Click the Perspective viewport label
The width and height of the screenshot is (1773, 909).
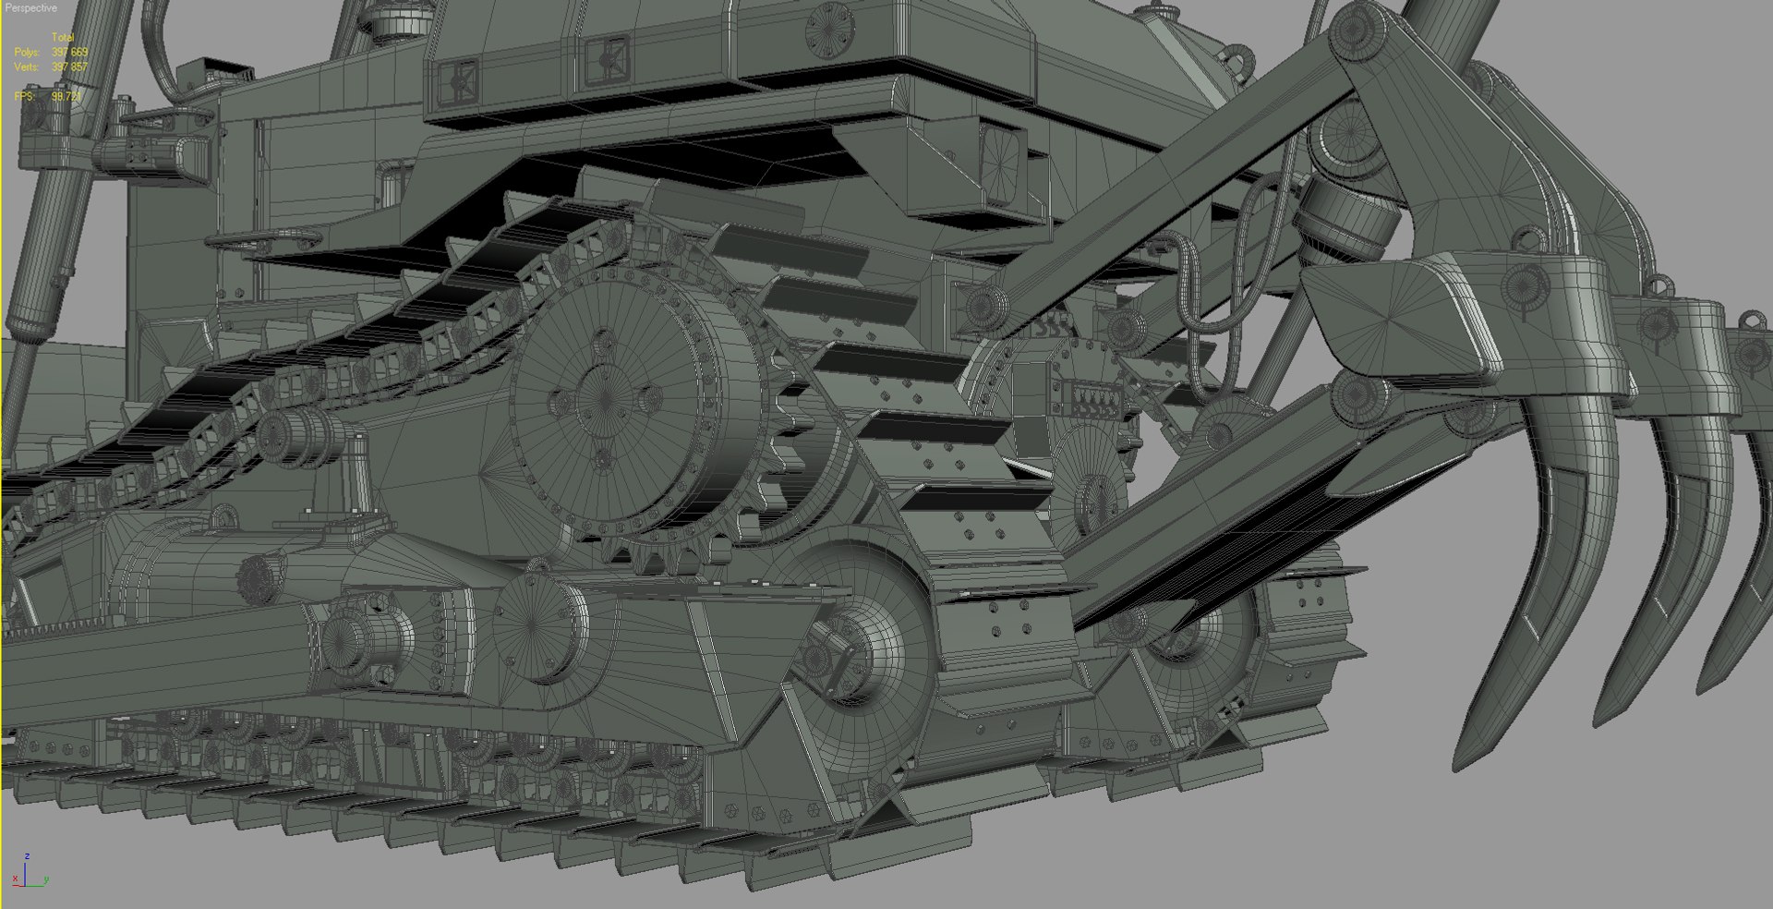tap(30, 8)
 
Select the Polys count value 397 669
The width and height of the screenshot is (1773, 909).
tap(69, 53)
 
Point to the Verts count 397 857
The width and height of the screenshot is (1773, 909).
tap(69, 67)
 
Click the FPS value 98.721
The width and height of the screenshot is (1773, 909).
tap(66, 96)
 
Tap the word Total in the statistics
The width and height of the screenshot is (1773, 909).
tap(62, 38)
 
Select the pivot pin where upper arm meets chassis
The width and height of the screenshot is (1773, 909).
tap(983, 304)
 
